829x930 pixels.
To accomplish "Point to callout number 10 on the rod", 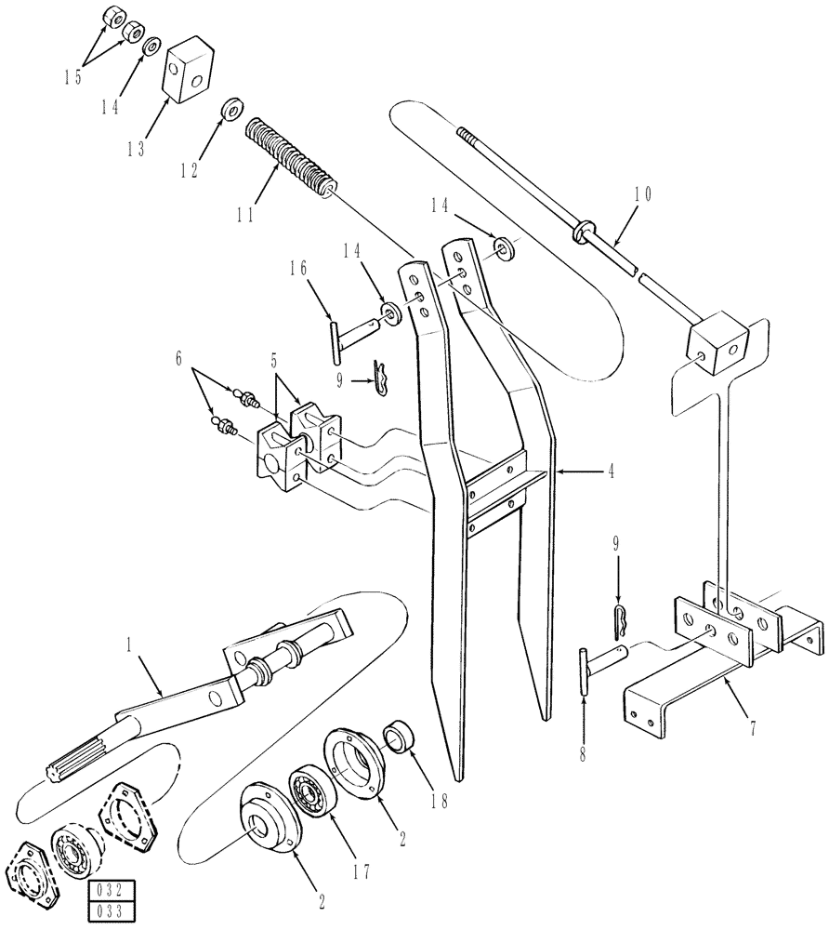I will [642, 195].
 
